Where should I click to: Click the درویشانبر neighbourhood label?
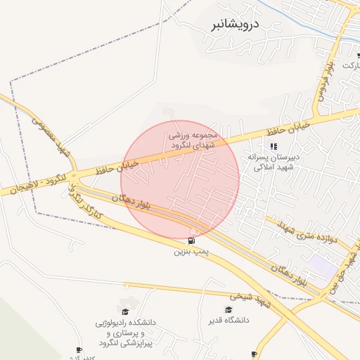235,25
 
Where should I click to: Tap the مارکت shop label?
350,65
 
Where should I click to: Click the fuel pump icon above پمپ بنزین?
192,240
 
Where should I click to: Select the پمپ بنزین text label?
192,251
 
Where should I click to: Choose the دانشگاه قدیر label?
228,321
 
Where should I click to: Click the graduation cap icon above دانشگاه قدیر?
229,309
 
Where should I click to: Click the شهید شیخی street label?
253,300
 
